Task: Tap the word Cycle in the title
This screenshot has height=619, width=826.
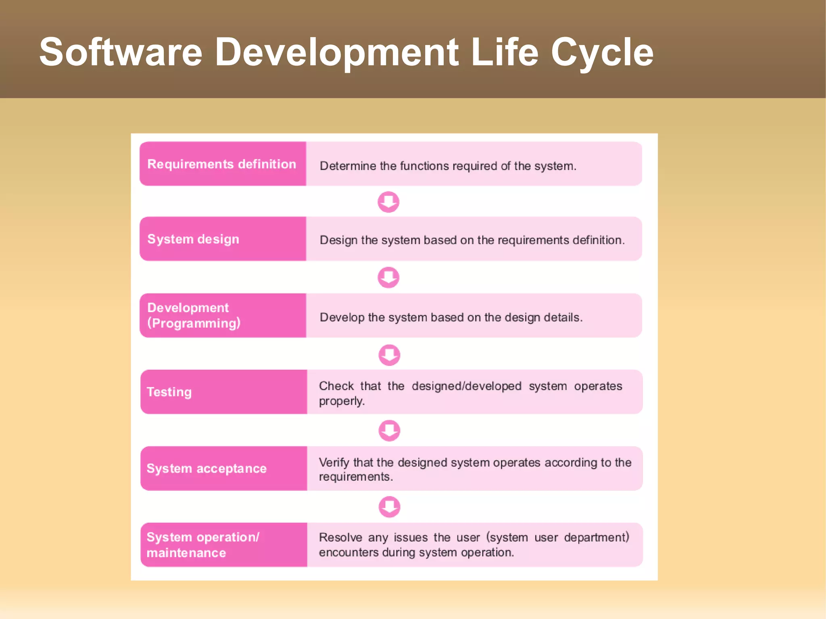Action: [602, 52]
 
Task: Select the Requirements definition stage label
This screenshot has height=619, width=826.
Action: [221, 164]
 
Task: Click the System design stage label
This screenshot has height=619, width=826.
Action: [193, 239]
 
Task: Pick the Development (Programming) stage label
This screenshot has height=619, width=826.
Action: [194, 315]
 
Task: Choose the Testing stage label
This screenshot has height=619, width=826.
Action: [169, 392]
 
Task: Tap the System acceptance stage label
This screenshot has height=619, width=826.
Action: [206, 469]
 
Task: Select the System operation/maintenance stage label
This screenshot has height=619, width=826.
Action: [202, 545]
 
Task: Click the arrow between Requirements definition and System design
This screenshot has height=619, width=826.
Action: [388, 202]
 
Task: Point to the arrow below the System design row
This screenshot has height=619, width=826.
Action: [388, 277]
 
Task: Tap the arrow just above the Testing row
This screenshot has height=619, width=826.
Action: [389, 355]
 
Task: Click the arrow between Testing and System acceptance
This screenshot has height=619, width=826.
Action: [389, 431]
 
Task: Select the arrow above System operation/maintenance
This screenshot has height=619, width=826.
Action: [389, 506]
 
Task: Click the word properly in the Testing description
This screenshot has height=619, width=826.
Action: [341, 401]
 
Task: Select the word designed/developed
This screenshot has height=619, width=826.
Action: [467, 386]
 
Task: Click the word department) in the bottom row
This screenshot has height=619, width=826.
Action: [597, 538]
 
